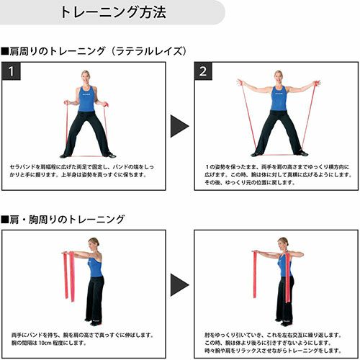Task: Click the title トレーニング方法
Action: point(113,12)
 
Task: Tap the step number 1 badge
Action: point(12,71)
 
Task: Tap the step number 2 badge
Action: point(203,71)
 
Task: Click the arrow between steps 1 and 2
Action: point(179,126)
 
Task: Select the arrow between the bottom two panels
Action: point(179,285)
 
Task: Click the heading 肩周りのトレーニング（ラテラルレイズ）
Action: point(94,51)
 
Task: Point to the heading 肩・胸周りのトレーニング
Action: point(63,220)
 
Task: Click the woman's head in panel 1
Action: point(86,77)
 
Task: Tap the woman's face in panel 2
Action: point(278,78)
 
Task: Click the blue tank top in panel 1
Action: point(86,99)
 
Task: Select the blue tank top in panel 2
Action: point(279,99)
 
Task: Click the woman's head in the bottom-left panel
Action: point(93,245)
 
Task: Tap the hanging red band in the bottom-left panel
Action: point(69,276)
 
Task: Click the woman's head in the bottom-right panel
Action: point(283,245)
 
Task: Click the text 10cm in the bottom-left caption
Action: point(45,343)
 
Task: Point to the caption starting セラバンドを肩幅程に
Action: point(82,171)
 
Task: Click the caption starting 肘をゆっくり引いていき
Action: point(273,343)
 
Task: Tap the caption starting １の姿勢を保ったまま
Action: point(278,174)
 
